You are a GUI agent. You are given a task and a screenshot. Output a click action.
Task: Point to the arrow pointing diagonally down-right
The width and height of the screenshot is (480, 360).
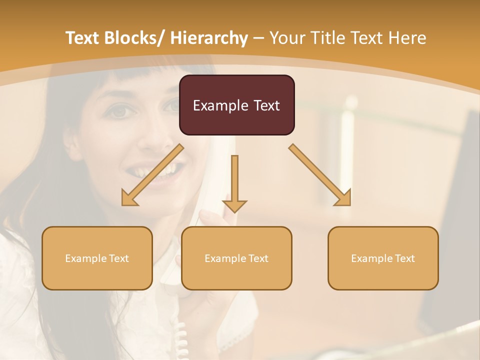tap(320, 175)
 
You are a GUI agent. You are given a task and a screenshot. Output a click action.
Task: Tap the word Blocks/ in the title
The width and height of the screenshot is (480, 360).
tap(134, 38)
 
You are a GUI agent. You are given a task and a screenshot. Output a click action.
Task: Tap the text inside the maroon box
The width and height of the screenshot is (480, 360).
tap(236, 105)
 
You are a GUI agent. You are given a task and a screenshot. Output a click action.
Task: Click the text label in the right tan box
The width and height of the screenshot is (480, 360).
tap(383, 258)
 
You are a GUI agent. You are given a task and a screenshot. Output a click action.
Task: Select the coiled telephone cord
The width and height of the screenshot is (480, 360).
tap(181, 340)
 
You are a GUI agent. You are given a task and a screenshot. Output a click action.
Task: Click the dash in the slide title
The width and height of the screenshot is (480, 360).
tap(258, 38)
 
